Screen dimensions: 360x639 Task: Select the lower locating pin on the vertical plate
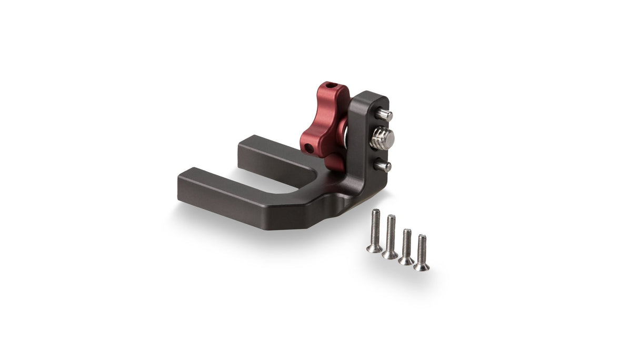pos(384,166)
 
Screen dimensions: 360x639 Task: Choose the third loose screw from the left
pos(406,246)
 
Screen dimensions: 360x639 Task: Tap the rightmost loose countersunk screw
pos(422,252)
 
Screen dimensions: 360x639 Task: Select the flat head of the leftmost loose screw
pos(374,248)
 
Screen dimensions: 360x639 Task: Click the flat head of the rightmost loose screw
pos(421,267)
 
